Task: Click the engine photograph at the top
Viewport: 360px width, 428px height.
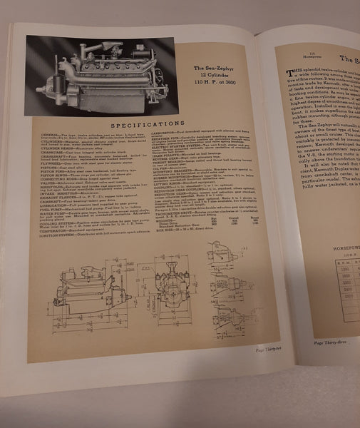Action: [x=102, y=75]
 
